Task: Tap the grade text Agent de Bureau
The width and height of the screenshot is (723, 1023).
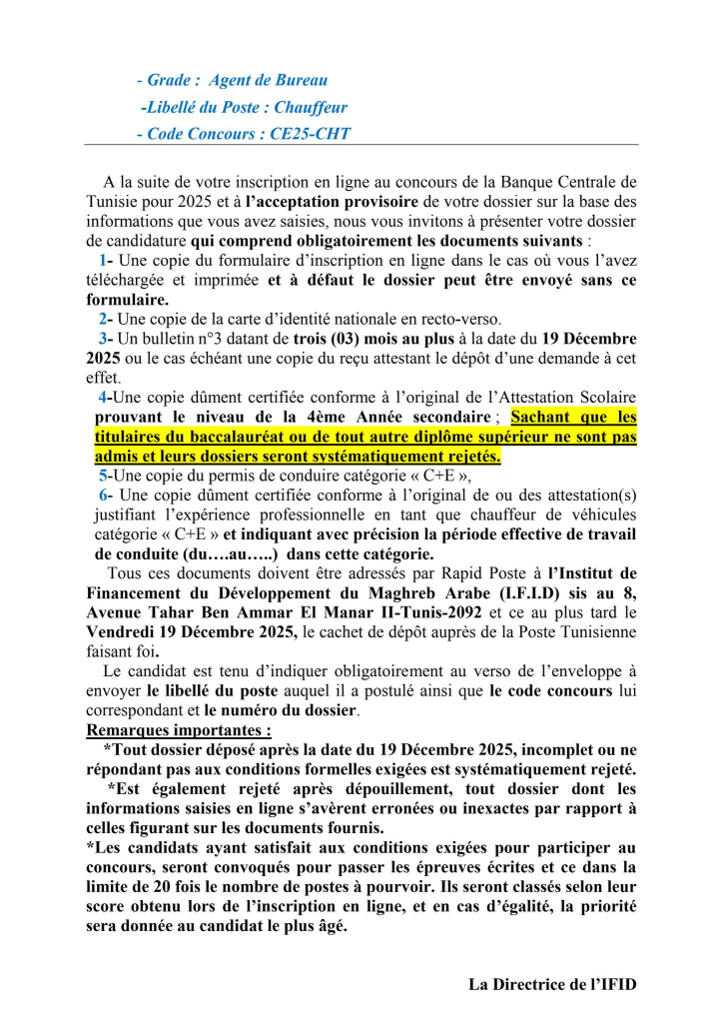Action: [268, 80]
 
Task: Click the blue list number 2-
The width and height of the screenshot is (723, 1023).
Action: [105, 318]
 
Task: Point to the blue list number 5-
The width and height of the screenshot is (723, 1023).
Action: [105, 475]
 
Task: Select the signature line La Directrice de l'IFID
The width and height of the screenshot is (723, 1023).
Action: [552, 984]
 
